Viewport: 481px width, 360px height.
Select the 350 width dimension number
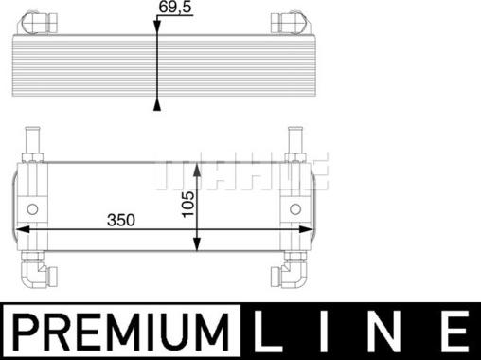(x=121, y=220)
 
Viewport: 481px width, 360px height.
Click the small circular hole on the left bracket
(x=33, y=209)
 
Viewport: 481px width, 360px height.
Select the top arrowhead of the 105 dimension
(x=196, y=168)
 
